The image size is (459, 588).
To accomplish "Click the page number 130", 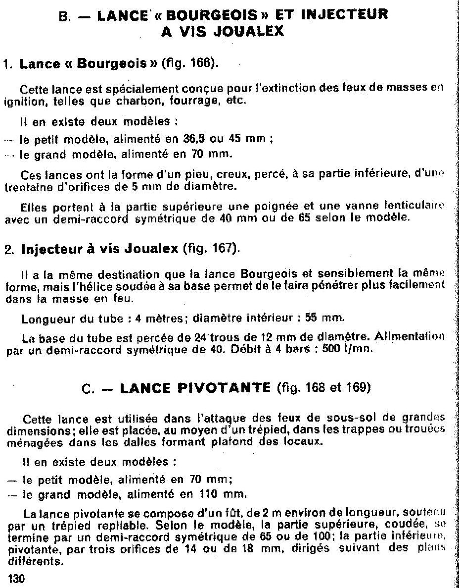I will click(16, 578).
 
